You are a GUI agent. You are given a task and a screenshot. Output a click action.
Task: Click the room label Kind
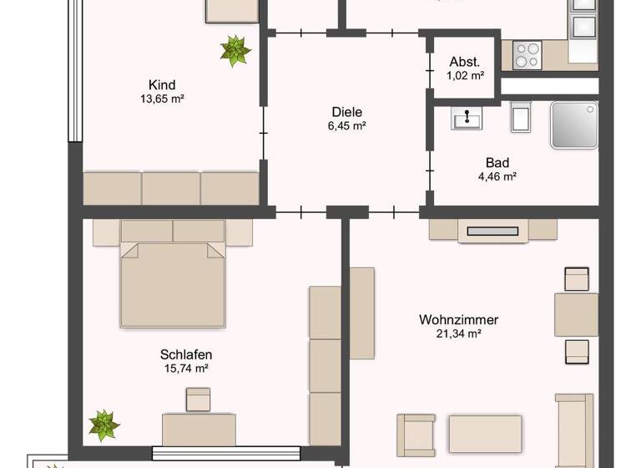coord(161,84)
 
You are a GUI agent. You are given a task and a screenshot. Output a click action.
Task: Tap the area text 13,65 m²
coord(162,99)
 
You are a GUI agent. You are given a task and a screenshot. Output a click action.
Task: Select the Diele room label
coord(347,112)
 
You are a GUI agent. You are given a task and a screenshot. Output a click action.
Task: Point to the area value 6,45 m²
coord(348,126)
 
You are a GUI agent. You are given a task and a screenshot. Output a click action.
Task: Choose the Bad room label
coord(497,163)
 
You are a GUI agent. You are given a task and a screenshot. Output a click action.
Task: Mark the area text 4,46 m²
coord(498,176)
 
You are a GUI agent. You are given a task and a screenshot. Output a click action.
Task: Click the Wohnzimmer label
coord(458,319)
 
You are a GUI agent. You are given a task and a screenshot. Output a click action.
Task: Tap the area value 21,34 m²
coord(458,333)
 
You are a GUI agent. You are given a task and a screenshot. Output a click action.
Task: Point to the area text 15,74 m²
coord(186,368)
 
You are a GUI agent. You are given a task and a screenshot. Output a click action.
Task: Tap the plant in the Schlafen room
coord(103,425)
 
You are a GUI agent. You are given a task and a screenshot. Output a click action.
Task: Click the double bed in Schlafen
coord(174,274)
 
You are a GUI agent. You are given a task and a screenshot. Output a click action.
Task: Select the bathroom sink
coord(466,119)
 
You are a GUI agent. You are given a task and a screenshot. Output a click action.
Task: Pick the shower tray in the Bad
coord(574,125)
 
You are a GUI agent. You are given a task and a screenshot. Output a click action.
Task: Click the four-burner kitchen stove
coord(527,55)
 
